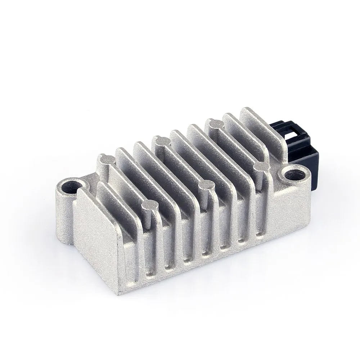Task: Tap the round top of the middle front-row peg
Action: tap(206, 185)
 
